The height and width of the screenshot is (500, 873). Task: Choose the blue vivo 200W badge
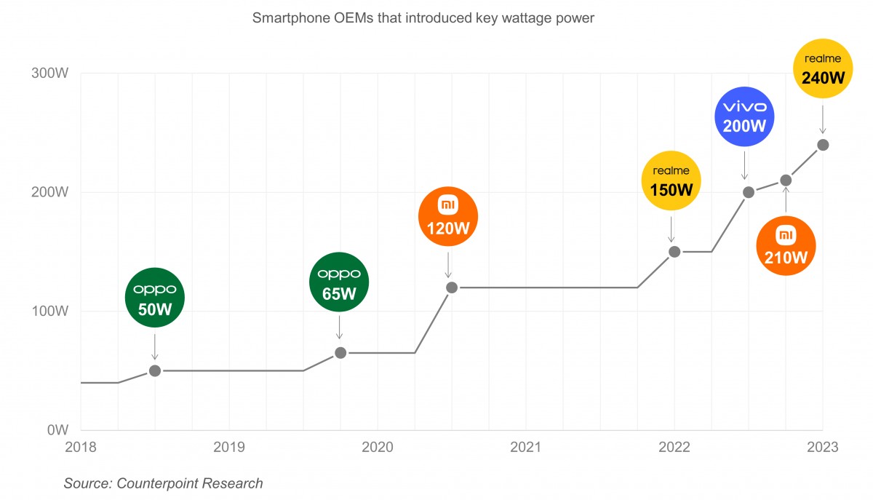[x=745, y=117]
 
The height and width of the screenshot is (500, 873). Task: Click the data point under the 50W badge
[x=154, y=370]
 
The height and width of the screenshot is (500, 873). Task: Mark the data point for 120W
[x=451, y=287]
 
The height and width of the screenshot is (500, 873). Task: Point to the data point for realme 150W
[x=674, y=252]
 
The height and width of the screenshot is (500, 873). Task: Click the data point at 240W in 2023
[x=823, y=145]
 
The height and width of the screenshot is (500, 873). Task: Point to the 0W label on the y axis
[x=58, y=430]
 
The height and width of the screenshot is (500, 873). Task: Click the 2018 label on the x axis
[x=81, y=448]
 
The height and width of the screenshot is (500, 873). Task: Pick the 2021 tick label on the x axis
[x=526, y=448]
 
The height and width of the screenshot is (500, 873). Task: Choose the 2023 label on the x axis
[x=823, y=448]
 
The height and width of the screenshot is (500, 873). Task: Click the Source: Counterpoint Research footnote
[x=163, y=483]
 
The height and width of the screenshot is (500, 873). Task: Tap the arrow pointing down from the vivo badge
[x=745, y=163]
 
